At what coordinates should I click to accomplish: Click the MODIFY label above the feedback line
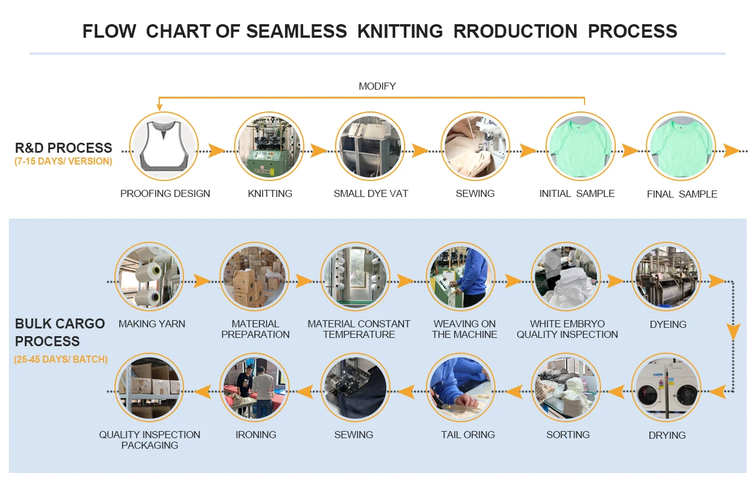[377, 87]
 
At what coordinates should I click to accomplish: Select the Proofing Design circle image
[164, 146]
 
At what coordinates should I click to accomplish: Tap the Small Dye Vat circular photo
[369, 146]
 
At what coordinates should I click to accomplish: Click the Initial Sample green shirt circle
[580, 146]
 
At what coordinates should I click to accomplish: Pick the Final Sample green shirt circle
[681, 146]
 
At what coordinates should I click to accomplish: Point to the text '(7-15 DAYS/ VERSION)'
[63, 162]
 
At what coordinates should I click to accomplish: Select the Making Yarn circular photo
[149, 277]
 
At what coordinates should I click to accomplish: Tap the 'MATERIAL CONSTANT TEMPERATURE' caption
[359, 329]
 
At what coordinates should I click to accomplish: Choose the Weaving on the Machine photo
[460, 277]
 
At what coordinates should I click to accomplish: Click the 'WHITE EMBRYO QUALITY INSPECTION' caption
[567, 329]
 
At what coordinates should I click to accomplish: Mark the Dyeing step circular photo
[666, 277]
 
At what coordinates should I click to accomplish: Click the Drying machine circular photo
[666, 387]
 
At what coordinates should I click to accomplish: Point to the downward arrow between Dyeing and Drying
[733, 331]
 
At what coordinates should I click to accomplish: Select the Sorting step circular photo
[566, 387]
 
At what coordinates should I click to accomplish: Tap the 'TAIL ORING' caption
[468, 435]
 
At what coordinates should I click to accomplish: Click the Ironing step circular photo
[254, 387]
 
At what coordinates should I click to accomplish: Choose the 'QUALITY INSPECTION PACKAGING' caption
[150, 440]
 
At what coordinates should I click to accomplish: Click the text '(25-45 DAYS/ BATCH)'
[61, 359]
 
